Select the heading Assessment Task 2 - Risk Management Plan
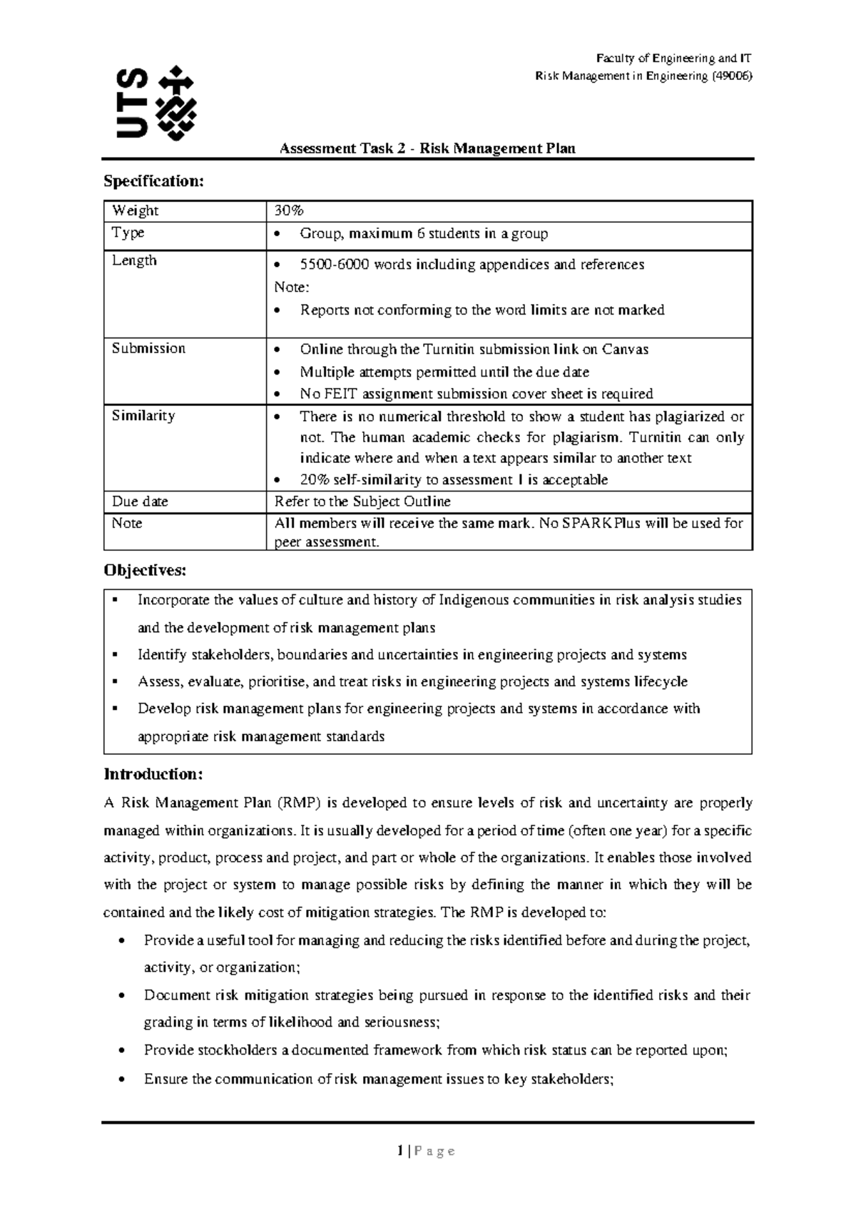point(427,148)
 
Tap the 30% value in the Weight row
point(289,210)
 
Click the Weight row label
point(135,210)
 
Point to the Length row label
point(134,260)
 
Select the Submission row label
point(148,348)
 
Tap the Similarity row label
point(143,415)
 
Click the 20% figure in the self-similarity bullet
point(312,479)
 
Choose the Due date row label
point(140,502)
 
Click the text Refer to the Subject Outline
point(362,502)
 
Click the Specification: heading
point(153,181)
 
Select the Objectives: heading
point(145,570)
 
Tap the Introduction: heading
point(153,774)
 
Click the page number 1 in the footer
point(401,1151)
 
